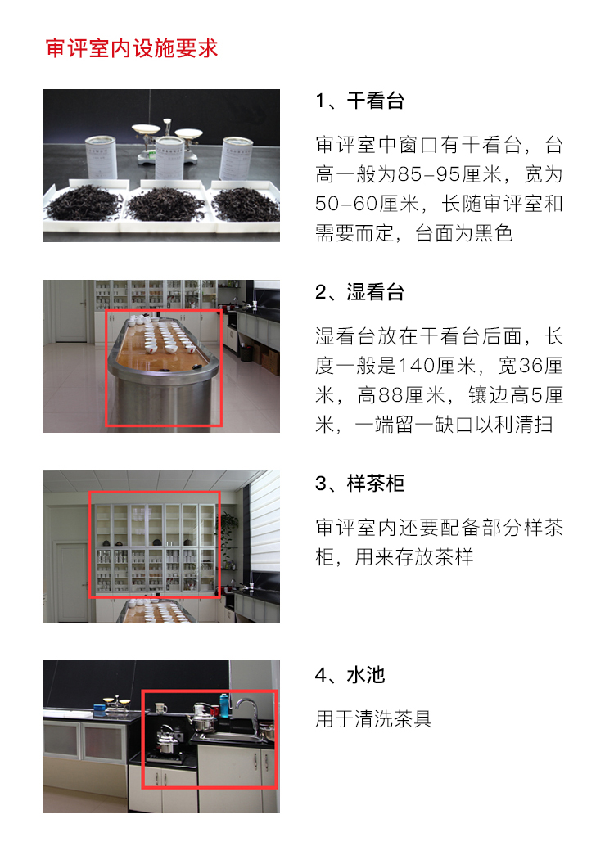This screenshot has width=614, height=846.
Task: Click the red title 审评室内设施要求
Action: (131, 48)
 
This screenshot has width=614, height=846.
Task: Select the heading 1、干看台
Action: (359, 101)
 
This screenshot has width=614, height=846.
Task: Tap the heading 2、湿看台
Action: (359, 292)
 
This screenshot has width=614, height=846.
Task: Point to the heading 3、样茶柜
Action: (359, 484)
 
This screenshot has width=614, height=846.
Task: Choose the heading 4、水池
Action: (350, 675)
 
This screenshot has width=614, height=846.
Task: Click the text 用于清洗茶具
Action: (373, 719)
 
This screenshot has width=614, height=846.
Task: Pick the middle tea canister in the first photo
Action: (169, 158)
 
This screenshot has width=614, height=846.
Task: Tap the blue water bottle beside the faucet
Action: (224, 706)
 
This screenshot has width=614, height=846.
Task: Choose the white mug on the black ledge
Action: (160, 708)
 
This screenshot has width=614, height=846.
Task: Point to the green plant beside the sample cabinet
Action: (229, 532)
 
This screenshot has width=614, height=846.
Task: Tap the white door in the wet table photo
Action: (70, 311)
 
